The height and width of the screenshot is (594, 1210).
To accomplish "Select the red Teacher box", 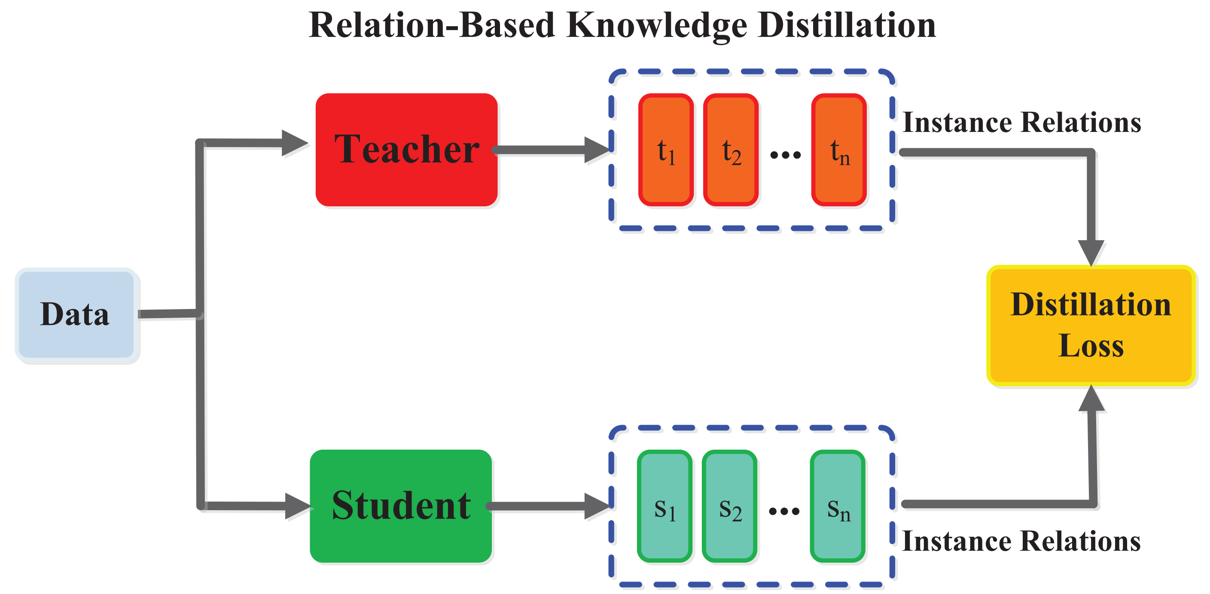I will click(406, 150).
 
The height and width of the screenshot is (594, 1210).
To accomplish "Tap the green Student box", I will click(401, 505).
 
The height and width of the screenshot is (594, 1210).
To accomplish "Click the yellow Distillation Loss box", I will click(1091, 325).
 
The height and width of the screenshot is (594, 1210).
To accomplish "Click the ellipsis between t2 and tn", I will click(785, 155).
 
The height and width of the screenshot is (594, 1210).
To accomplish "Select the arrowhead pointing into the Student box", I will click(297, 506).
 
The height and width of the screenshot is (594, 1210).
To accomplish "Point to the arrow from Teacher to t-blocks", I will click(549, 150).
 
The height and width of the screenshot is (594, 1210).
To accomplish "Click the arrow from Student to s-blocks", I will click(545, 506).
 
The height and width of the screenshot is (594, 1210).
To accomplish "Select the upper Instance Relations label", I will click(1021, 122).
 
